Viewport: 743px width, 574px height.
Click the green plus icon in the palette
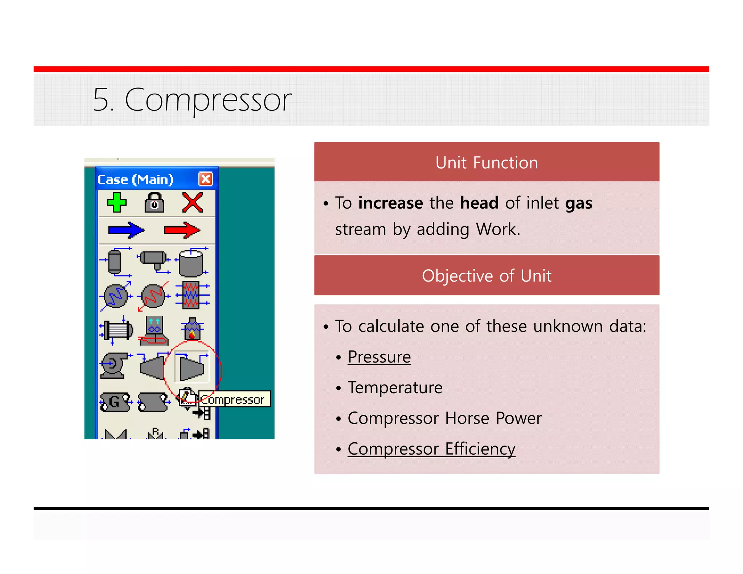click(117, 202)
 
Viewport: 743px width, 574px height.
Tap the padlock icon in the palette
click(154, 203)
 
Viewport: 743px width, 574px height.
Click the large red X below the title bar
click(192, 202)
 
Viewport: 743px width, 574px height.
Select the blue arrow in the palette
click(126, 230)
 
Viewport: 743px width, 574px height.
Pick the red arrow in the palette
click(182, 230)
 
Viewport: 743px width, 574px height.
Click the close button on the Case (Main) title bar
click(205, 179)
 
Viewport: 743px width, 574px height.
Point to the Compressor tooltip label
click(234, 399)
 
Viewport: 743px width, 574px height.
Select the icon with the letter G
click(115, 402)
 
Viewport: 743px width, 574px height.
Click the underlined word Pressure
click(379, 357)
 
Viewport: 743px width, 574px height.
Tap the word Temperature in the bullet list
click(395, 388)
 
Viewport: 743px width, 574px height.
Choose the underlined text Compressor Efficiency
click(431, 449)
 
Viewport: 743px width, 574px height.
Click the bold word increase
click(390, 203)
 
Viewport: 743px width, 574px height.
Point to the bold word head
click(479, 203)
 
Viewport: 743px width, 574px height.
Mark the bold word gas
click(579, 203)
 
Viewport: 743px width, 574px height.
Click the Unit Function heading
click(487, 163)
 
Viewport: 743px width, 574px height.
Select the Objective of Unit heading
click(487, 276)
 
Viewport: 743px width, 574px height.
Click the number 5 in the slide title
click(101, 99)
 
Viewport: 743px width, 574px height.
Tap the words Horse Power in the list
click(493, 418)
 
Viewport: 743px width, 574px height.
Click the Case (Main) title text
click(135, 180)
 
